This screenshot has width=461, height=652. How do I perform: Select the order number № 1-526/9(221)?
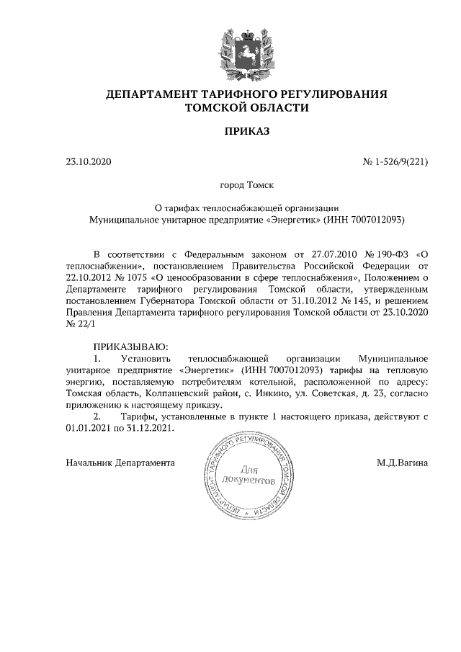[395, 161]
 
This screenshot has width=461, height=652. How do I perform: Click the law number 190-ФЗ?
[390, 254]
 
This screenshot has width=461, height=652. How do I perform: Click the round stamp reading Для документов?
[249, 476]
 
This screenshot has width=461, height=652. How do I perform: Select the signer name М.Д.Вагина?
[402, 462]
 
